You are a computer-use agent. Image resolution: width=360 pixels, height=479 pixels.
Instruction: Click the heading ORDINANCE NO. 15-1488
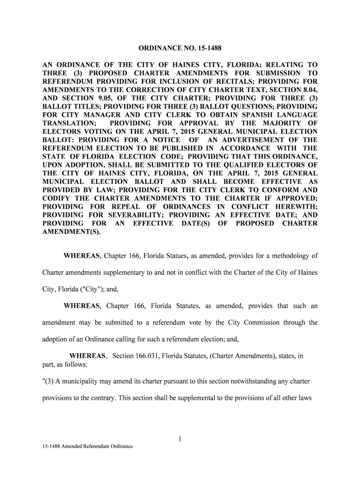click(x=180, y=48)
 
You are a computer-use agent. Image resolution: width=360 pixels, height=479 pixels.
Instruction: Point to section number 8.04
click(x=307, y=90)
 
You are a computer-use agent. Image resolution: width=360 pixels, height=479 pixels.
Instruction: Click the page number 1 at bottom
click(x=180, y=439)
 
